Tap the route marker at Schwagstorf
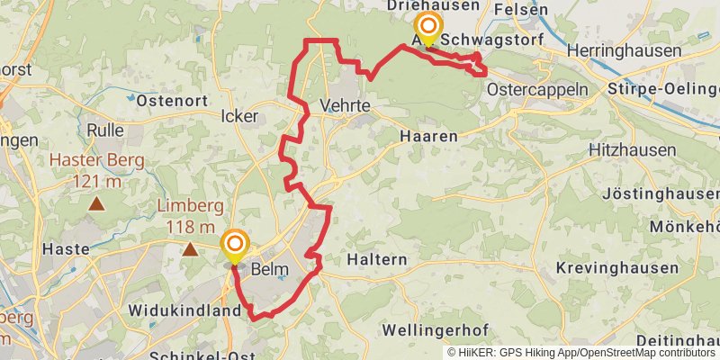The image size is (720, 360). click(x=427, y=29)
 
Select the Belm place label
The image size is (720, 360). click(x=270, y=268)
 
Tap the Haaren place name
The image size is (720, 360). click(x=428, y=135)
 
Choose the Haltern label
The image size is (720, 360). click(x=377, y=259)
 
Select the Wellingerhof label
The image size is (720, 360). click(x=436, y=330)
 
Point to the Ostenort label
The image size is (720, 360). click(x=173, y=101)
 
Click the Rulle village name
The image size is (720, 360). click(x=105, y=130)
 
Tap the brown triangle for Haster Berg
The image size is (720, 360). click(x=95, y=204)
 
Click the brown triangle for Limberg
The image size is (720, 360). click(x=191, y=249)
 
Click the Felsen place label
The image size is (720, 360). click(x=520, y=10)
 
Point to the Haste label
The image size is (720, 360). click(x=67, y=248)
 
